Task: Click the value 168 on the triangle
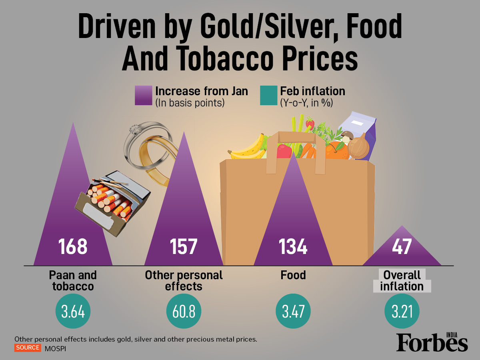point(73,246)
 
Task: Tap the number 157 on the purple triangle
point(184,246)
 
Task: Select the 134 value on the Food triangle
point(293,246)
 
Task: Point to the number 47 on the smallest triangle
point(402,246)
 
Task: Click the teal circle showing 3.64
point(73,311)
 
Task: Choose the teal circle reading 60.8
point(184,311)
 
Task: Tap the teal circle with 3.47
point(293,311)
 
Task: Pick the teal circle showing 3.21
point(402,311)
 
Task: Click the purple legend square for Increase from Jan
point(144,96)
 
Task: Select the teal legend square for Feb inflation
point(268,96)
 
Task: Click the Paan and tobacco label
point(73,281)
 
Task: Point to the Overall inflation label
point(402,281)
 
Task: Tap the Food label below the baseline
point(293,275)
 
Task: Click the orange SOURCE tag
point(28,348)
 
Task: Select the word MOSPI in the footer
point(55,348)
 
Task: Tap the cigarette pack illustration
point(112,203)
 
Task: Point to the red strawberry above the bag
point(310,124)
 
